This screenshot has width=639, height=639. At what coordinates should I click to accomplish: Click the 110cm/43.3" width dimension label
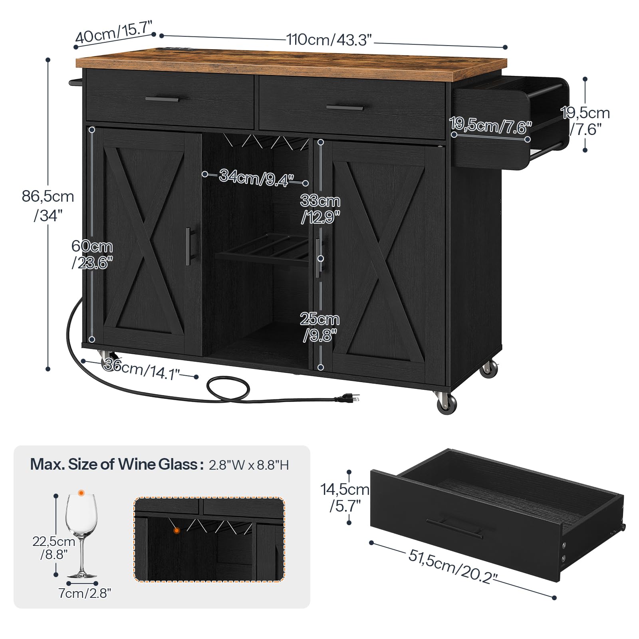(329, 40)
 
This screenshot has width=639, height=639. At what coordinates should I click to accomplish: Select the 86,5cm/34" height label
(48, 206)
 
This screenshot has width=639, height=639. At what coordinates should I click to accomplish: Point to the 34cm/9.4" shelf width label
(256, 177)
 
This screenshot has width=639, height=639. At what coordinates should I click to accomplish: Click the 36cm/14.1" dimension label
(142, 369)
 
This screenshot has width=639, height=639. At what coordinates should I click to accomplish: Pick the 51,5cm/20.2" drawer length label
(453, 566)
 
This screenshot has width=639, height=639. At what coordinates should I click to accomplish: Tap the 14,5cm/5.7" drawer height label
(345, 498)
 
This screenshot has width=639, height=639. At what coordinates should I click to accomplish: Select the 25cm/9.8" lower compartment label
(320, 327)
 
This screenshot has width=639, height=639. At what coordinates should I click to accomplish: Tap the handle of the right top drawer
(345, 107)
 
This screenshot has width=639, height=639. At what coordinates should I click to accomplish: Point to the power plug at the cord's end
(348, 397)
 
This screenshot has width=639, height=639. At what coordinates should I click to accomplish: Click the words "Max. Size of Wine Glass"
(114, 464)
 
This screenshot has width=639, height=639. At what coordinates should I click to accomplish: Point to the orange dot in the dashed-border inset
(177, 530)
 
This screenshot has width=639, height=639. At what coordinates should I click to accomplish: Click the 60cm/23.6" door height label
(92, 254)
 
